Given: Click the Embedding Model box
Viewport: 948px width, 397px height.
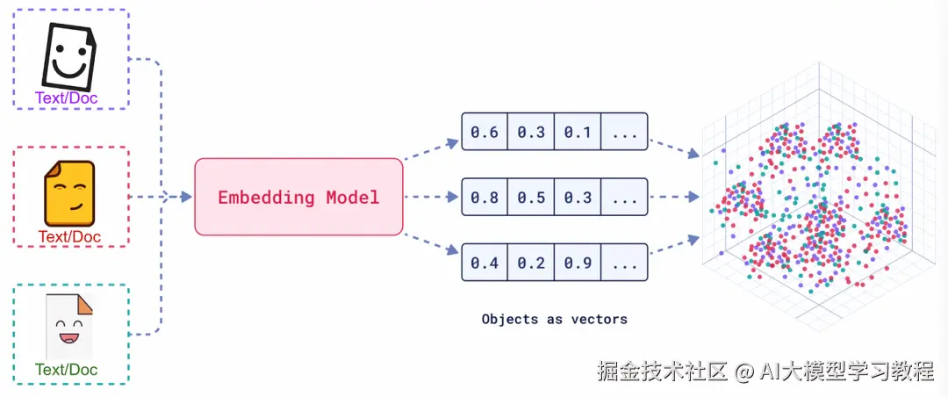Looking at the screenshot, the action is click(x=298, y=197).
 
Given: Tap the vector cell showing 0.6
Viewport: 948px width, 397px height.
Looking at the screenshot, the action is click(x=485, y=132).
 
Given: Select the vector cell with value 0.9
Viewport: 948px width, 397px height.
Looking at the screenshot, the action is click(x=578, y=262).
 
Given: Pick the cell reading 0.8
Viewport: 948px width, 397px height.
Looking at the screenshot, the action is click(x=485, y=197).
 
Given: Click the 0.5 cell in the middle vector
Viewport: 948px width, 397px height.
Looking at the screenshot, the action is click(x=531, y=197).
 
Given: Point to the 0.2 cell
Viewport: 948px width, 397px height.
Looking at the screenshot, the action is click(x=531, y=262).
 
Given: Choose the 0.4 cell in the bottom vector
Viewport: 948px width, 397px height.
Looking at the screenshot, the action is click(x=485, y=262).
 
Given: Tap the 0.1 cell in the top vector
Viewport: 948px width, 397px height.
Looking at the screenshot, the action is click(x=578, y=132).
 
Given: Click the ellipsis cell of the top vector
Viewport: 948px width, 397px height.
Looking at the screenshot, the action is click(x=624, y=132).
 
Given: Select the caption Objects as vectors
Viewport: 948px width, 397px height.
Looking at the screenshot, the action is click(x=555, y=318).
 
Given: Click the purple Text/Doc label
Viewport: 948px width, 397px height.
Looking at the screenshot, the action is click(x=67, y=97).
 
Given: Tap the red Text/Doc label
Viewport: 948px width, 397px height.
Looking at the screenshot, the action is click(x=69, y=236).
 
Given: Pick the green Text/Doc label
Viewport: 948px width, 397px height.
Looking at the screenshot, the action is click(x=67, y=369).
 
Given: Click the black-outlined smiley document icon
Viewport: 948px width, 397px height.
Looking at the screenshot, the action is click(x=68, y=56).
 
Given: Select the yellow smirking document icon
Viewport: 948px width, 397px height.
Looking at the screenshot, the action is click(x=69, y=193).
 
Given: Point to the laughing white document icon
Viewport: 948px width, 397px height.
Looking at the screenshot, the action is click(x=69, y=327).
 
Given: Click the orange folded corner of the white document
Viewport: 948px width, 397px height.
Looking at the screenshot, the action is click(x=85, y=305).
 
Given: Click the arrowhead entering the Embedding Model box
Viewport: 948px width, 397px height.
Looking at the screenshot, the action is click(x=185, y=197).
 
